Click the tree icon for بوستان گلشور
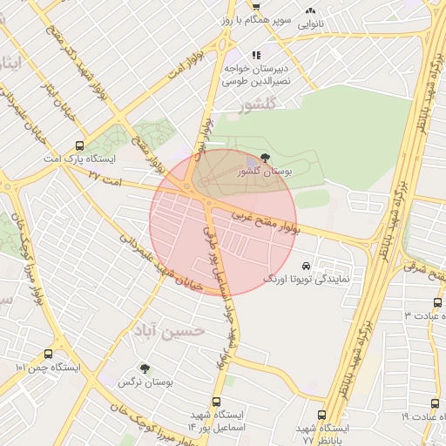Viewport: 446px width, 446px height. click(x=265, y=158)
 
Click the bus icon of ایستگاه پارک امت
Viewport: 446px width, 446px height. click(x=80, y=145)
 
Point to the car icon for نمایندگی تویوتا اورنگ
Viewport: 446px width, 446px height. click(x=305, y=265)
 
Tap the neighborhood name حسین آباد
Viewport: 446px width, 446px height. click(x=169, y=331)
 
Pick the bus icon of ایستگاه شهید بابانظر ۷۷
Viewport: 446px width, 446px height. click(x=321, y=415)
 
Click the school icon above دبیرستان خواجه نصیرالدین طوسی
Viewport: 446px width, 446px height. click(x=255, y=55)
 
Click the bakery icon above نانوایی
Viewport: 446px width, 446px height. click(x=310, y=10)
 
